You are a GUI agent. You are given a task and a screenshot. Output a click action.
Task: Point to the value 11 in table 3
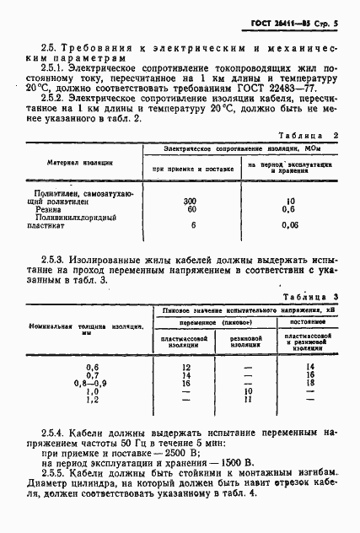pyautogui.click(x=248, y=399)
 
